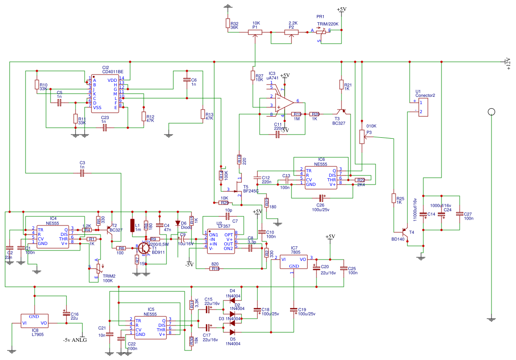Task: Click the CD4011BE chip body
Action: (105, 94)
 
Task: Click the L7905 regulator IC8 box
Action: (34, 320)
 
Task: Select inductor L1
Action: (132, 225)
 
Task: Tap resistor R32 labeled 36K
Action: (228, 24)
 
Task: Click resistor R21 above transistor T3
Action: (341, 85)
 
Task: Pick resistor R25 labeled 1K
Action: (394, 198)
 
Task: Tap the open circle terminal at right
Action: (491, 112)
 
